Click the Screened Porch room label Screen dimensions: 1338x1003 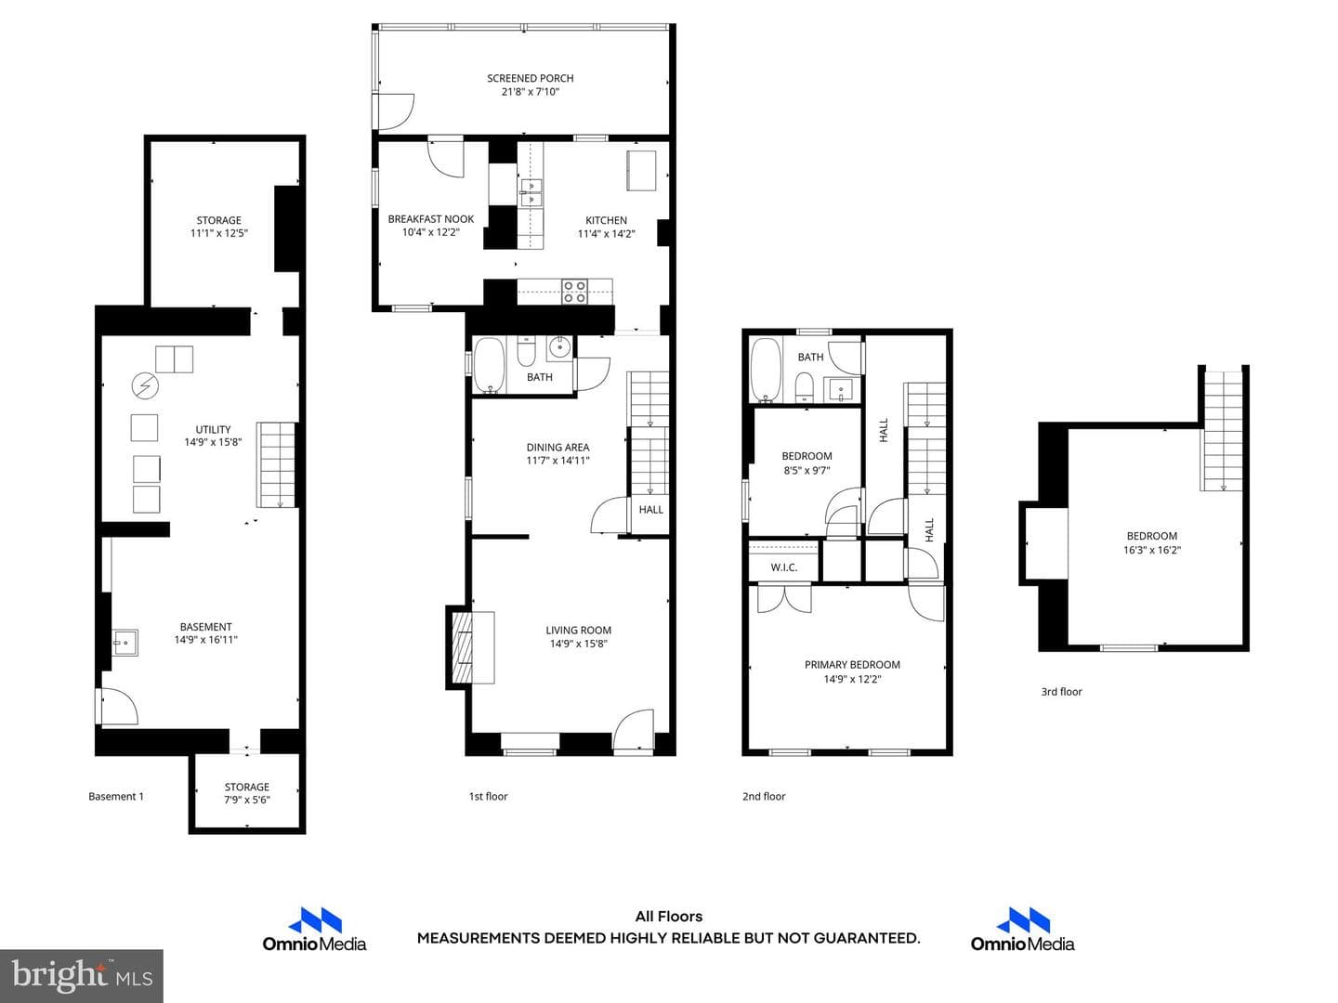click(530, 78)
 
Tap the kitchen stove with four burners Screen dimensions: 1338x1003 click(574, 292)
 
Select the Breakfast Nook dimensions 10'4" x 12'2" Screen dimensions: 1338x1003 click(430, 232)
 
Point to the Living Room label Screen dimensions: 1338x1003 click(578, 631)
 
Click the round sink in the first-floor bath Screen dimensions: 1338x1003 click(558, 347)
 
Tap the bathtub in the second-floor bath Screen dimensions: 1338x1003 click(766, 371)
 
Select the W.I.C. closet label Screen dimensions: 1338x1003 click(784, 567)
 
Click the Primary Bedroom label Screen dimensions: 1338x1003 click(852, 664)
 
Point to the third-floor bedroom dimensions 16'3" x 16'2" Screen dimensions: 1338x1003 click(1152, 550)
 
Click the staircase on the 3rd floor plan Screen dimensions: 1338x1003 click(1222, 431)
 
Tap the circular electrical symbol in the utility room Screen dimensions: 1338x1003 click(145, 384)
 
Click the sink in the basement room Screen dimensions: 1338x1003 click(125, 642)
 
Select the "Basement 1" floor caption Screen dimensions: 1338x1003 click(116, 796)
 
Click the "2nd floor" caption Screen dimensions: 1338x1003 click(764, 796)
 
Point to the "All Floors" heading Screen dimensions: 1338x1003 click(669, 917)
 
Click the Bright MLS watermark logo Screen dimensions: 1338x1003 click(82, 975)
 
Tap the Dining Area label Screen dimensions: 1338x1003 click(557, 447)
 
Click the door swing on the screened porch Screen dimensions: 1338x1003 click(393, 112)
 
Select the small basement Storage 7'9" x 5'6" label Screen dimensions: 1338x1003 click(246, 793)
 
